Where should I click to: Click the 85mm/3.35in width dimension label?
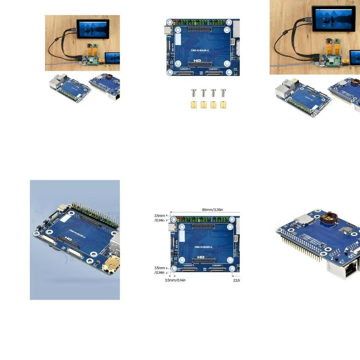click(x=212, y=210)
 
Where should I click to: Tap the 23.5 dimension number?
click(x=236, y=280)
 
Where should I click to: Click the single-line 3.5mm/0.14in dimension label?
click(x=175, y=280)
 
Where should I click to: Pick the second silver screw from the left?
click(x=204, y=93)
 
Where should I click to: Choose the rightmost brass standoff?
click(x=223, y=105)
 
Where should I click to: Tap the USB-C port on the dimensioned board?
click(x=172, y=227)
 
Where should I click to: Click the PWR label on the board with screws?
click(x=168, y=36)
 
